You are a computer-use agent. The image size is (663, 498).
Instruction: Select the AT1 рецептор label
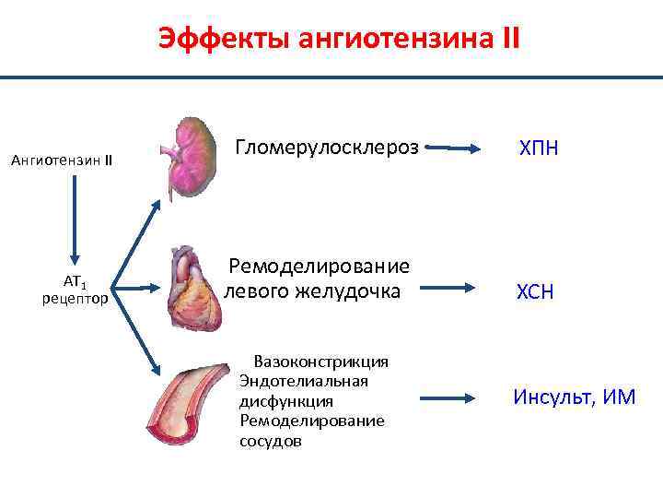(x=75, y=290)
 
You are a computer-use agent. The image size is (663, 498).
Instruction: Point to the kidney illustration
(x=191, y=154)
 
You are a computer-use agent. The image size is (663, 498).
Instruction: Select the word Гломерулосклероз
(x=327, y=147)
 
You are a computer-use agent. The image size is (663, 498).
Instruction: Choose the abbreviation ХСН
(x=535, y=292)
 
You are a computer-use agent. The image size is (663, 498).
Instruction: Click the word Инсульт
(x=552, y=397)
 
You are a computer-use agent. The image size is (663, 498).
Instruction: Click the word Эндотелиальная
(x=303, y=381)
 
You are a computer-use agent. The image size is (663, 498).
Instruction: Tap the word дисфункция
(x=285, y=401)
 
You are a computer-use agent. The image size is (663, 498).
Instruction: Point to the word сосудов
(x=270, y=441)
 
